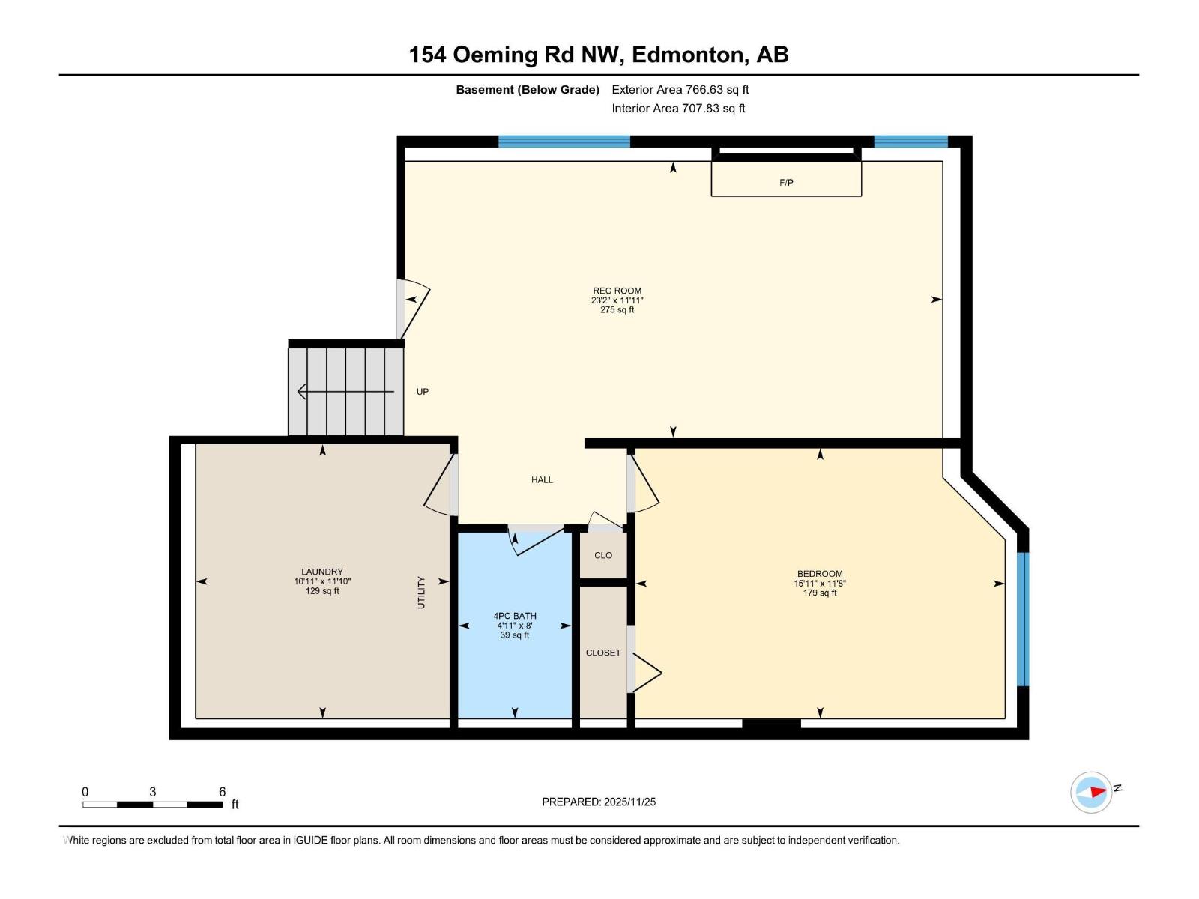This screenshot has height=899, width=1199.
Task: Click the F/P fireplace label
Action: click(x=786, y=183)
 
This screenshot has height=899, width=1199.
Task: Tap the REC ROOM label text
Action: click(x=617, y=291)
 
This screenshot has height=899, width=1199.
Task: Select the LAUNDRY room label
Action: click(x=322, y=572)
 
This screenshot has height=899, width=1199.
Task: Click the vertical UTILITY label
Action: click(x=421, y=592)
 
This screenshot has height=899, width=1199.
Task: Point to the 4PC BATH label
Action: click(x=515, y=616)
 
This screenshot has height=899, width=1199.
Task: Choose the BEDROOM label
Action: click(x=820, y=574)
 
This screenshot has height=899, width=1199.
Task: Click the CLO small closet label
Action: click(x=603, y=555)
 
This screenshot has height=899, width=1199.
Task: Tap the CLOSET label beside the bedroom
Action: click(x=603, y=653)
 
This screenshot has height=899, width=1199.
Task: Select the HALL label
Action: click(x=542, y=480)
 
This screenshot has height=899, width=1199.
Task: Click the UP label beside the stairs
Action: click(x=423, y=392)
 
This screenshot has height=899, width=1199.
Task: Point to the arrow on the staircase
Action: click(x=345, y=391)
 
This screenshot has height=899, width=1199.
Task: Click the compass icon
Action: click(x=1091, y=792)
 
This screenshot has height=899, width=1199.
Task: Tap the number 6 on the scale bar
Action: click(x=222, y=792)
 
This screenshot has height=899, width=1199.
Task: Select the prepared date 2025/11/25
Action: click(x=628, y=802)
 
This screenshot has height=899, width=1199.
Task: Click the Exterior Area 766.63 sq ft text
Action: click(x=680, y=90)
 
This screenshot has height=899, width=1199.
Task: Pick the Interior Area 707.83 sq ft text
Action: click(x=678, y=109)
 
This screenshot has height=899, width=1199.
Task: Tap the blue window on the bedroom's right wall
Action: click(x=1023, y=619)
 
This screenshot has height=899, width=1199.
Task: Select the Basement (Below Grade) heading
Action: click(x=528, y=90)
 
